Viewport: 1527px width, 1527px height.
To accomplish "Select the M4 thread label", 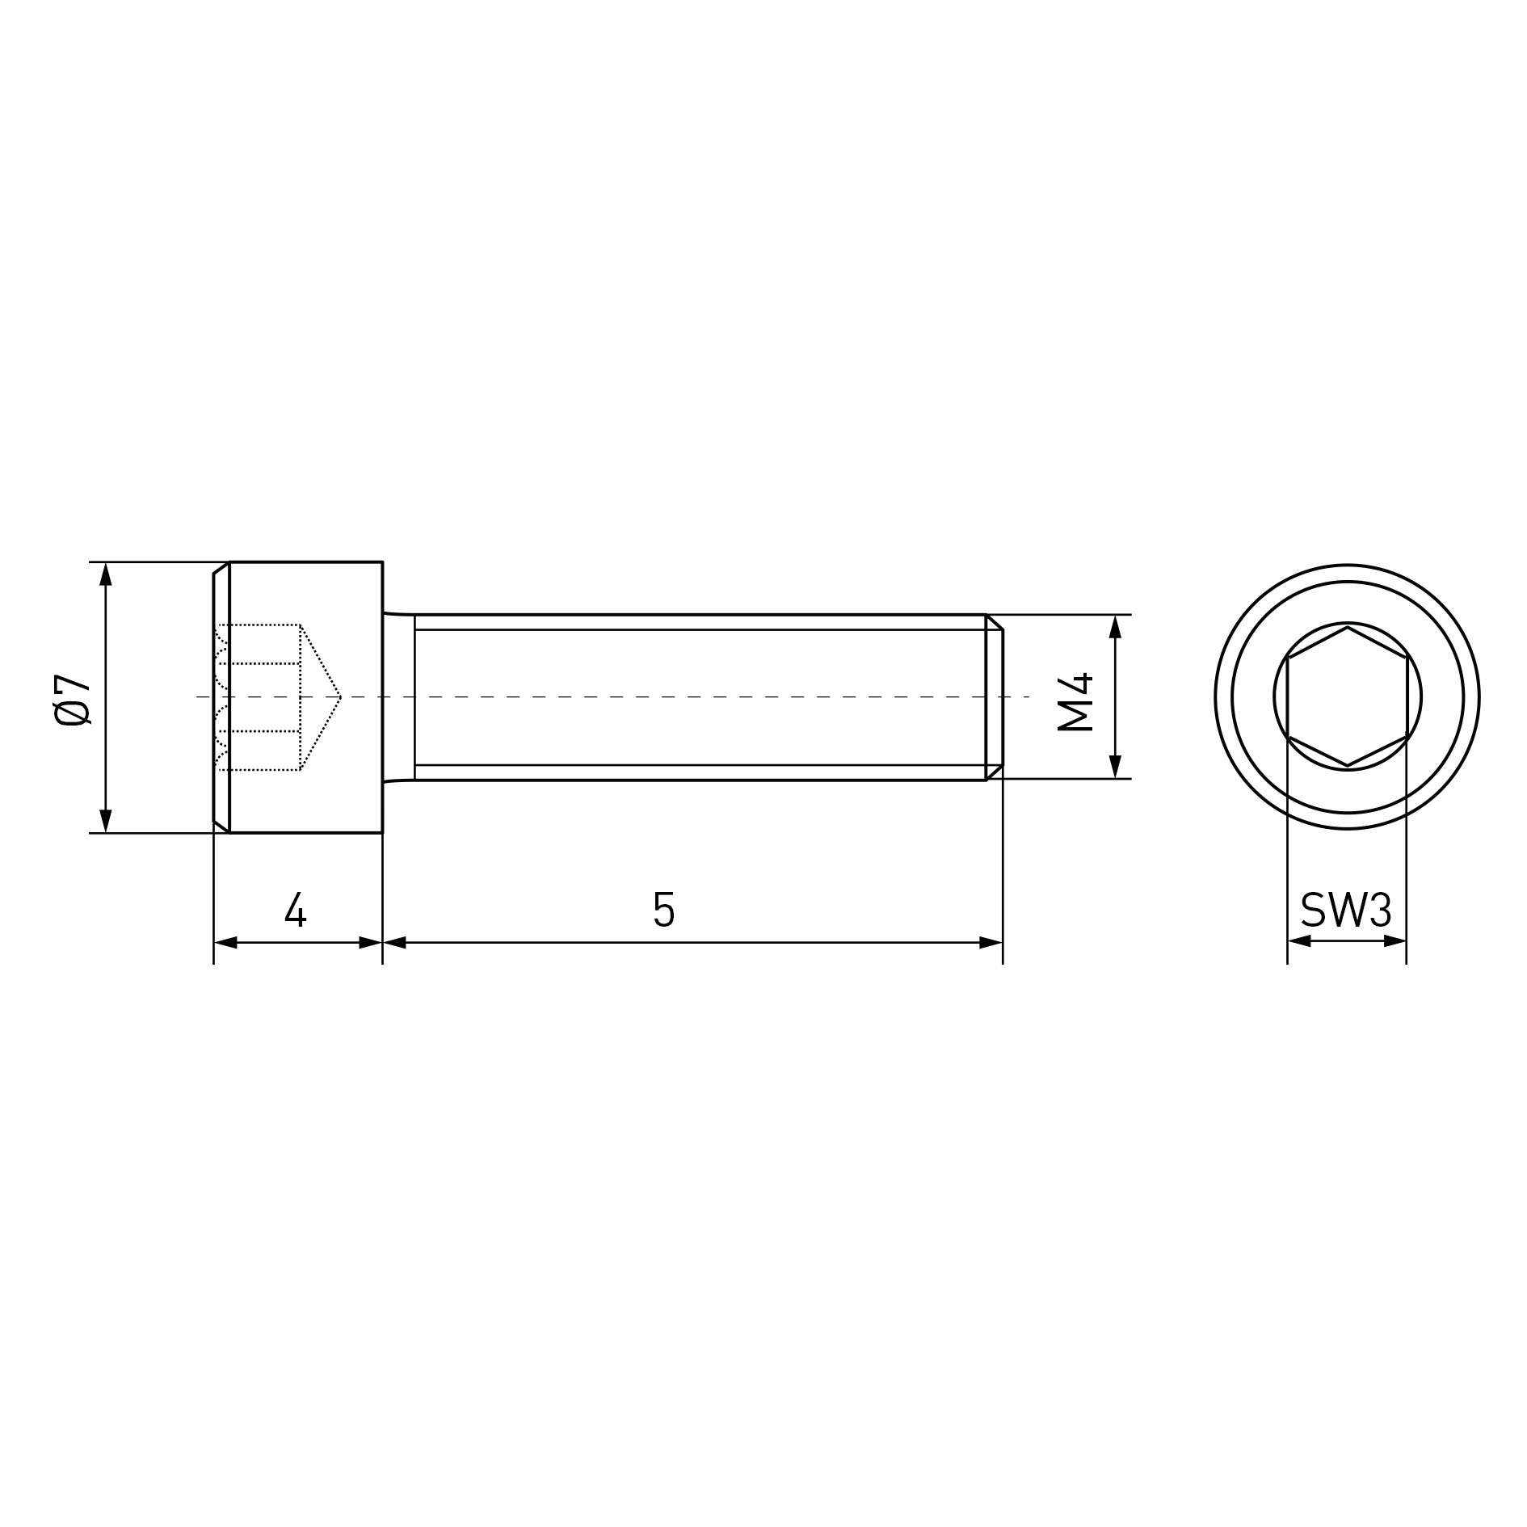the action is pyautogui.click(x=1075, y=701).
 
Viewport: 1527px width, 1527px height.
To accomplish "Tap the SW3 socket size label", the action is pyautogui.click(x=1346, y=911).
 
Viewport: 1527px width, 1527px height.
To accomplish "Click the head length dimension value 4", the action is pyautogui.click(x=296, y=909).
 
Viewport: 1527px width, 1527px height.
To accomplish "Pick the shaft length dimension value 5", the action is pyautogui.click(x=663, y=909).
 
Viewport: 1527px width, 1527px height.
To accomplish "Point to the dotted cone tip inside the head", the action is pyautogui.click(x=340, y=696).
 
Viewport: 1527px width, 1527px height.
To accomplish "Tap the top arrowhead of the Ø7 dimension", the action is pyautogui.click(x=105, y=574).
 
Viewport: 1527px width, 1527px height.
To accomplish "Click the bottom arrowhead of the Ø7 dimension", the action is pyautogui.click(x=105, y=820).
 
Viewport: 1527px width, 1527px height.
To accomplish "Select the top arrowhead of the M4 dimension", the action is pyautogui.click(x=1115, y=626).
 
